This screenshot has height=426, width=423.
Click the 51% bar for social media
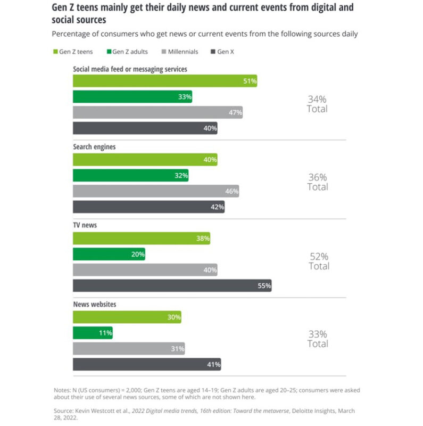[x=164, y=81]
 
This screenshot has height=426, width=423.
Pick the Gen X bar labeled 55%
[x=172, y=285]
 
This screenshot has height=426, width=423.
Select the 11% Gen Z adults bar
[x=92, y=333]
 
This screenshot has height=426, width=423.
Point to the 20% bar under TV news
[x=109, y=254]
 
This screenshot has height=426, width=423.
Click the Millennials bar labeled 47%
[x=157, y=112]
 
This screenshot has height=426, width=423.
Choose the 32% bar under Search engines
[x=130, y=175]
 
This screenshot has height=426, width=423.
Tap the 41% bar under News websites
[x=146, y=364]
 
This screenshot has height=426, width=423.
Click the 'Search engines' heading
[x=94, y=146]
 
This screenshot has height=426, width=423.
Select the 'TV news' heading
[x=85, y=225]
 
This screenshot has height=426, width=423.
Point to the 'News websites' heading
[x=95, y=304]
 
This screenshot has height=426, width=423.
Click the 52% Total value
[x=319, y=256]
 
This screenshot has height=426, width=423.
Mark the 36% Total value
[x=318, y=177]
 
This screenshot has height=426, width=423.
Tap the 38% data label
[x=203, y=239]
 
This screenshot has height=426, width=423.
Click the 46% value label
[x=231, y=191]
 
